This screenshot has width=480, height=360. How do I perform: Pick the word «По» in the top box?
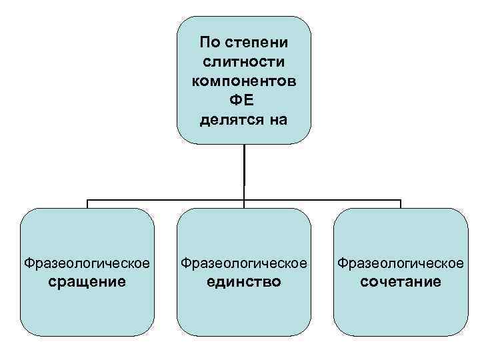(209, 43)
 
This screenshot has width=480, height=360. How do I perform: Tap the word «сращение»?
(87, 281)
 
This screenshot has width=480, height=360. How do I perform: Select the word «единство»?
(244, 281)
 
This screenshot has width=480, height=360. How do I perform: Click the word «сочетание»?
(401, 281)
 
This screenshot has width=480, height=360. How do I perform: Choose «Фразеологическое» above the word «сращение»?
(87, 263)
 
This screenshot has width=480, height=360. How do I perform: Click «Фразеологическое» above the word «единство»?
(244, 263)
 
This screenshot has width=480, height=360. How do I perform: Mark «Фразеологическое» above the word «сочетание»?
(401, 263)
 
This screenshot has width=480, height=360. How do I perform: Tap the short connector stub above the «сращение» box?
(87, 203)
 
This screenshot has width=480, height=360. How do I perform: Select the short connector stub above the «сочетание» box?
(401, 203)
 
